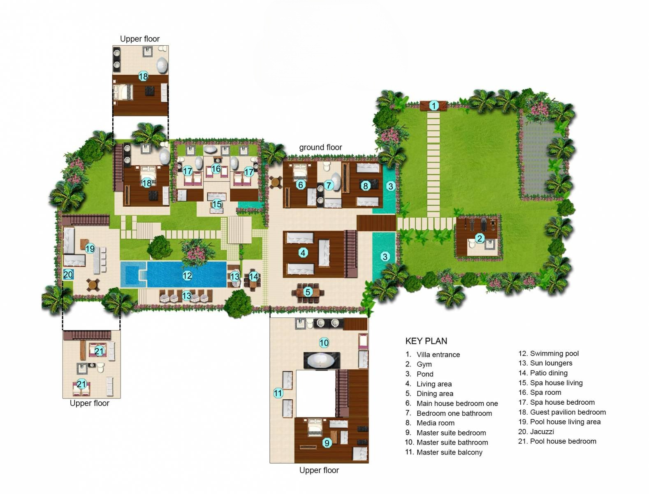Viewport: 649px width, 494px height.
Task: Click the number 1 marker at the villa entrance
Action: point(433,106)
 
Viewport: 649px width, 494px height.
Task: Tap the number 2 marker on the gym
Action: point(479,238)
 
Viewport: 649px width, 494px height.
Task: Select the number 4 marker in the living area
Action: point(303,252)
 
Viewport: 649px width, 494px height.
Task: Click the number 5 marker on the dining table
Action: point(308,292)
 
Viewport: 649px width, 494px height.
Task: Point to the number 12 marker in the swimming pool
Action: point(187,275)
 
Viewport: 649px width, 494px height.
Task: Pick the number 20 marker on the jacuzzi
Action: point(68,275)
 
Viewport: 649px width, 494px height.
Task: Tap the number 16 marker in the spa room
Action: point(216,169)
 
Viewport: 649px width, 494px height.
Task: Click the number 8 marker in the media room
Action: point(365,186)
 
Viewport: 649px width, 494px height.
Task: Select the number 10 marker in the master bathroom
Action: point(324,343)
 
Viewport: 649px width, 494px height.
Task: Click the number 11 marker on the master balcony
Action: point(278,393)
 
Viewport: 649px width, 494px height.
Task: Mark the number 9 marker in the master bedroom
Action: point(327,443)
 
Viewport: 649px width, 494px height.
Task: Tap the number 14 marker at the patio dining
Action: point(254,277)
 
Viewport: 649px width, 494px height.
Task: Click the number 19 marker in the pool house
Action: point(90,249)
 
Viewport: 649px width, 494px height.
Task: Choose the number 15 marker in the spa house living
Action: point(217,204)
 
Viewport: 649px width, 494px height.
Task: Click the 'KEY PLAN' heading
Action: point(426,341)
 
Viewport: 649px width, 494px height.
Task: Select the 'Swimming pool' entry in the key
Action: point(554,354)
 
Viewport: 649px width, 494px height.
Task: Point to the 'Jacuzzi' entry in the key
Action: point(542,431)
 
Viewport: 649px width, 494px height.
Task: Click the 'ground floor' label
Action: point(320,147)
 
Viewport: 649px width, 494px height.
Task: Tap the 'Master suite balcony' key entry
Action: point(449,452)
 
